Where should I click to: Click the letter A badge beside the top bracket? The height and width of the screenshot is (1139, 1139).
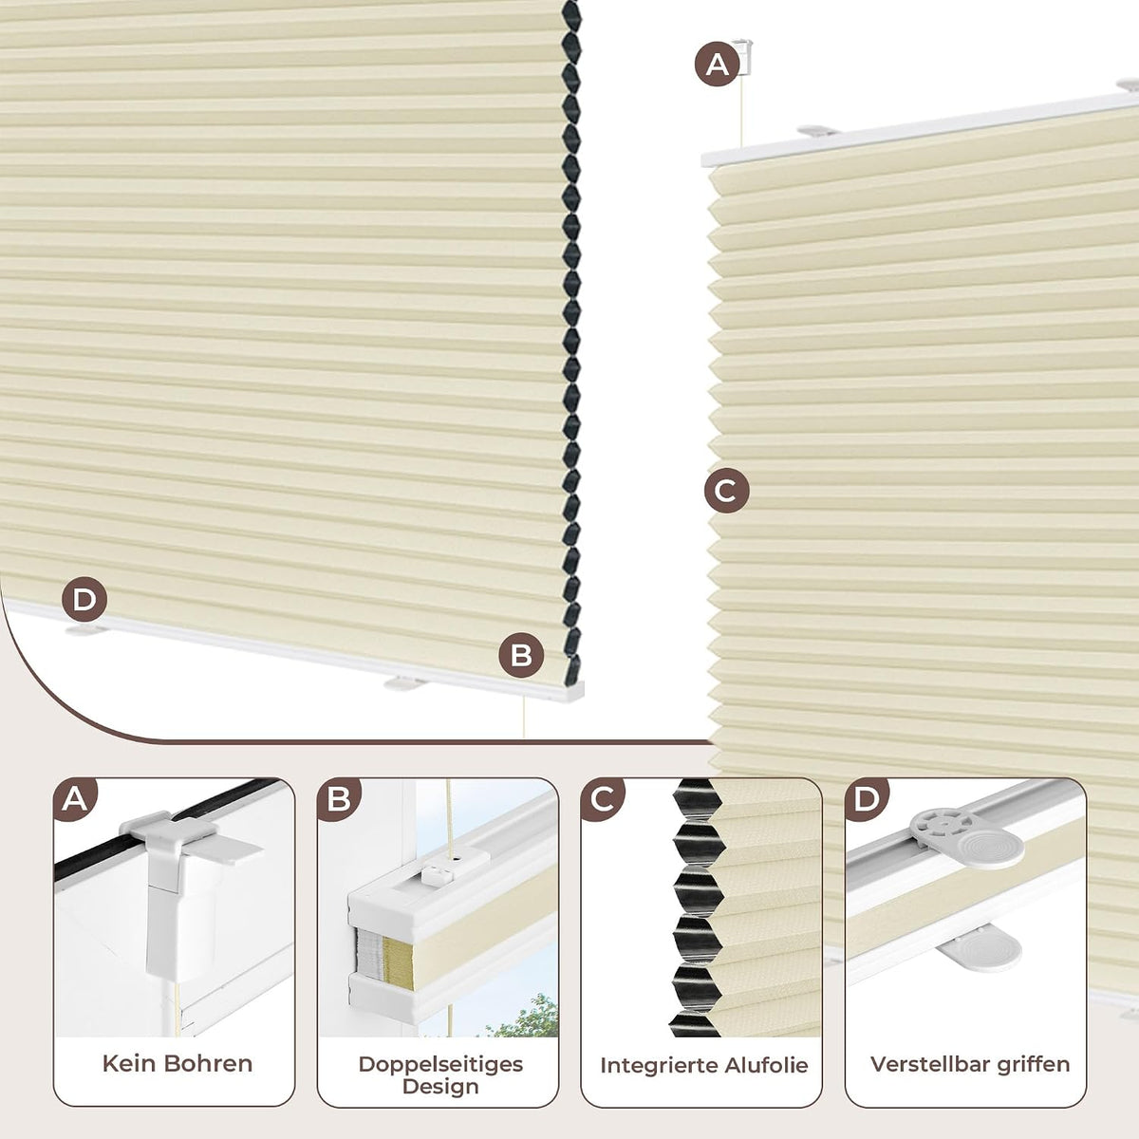coord(717,64)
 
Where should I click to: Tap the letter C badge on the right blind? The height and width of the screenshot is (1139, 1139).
coord(726,491)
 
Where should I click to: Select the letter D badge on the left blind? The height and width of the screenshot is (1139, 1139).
coord(84,599)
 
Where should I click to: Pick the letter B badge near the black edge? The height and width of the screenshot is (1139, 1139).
coord(521,656)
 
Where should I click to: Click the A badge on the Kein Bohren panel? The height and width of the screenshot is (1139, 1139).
coord(74,799)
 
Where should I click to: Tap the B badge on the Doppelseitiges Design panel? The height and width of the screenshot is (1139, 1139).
coord(339,799)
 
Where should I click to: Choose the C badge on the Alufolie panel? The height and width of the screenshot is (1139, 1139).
coord(603,799)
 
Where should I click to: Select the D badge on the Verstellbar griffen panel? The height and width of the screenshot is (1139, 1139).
coord(867,799)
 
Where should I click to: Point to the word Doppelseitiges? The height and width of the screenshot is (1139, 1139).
coord(440,1064)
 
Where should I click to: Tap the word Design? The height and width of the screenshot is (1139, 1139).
coord(440,1087)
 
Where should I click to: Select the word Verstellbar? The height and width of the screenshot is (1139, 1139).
coord(929,1064)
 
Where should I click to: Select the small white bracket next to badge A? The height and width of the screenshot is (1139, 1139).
coord(742,57)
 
